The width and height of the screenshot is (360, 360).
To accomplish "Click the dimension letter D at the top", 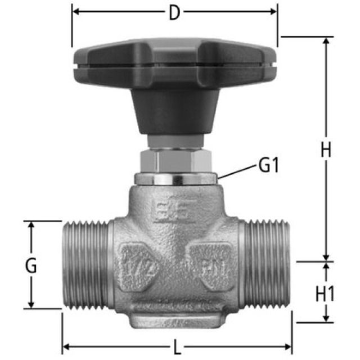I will [x=174, y=12].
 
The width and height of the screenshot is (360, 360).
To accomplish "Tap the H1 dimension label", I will [x=325, y=293].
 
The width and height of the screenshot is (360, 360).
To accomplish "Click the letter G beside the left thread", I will [x=31, y=265].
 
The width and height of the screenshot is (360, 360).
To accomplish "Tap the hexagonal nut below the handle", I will [x=175, y=161].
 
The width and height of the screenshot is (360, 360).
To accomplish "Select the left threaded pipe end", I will [x=84, y=264].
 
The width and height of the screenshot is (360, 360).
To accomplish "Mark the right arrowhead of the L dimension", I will [x=289, y=345].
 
